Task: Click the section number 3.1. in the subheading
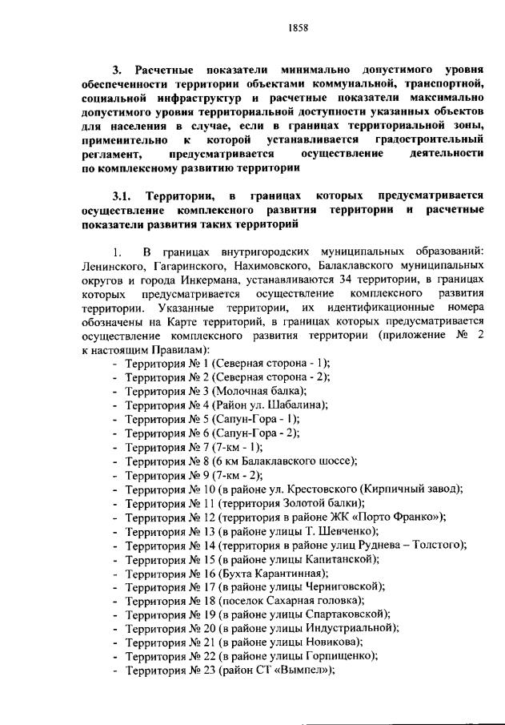tap(125, 196)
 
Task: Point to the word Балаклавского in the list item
tap(265, 461)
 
